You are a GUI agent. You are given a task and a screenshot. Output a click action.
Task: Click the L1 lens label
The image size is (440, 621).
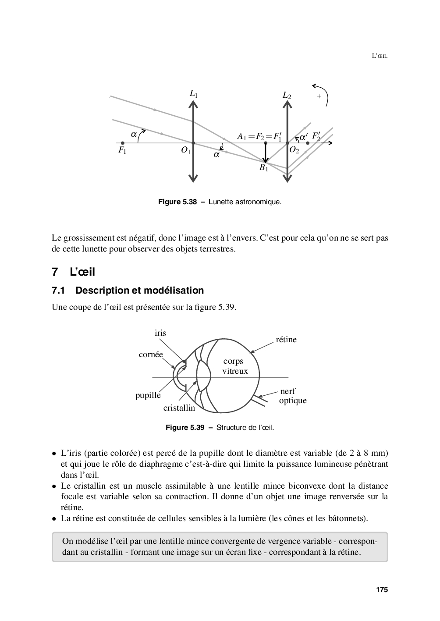pyautogui.click(x=193, y=93)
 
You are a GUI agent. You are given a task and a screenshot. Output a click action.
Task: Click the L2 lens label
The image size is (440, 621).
pyautogui.click(x=287, y=96)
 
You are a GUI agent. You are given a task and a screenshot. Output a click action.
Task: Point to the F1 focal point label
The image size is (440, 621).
pyautogui.click(x=122, y=151)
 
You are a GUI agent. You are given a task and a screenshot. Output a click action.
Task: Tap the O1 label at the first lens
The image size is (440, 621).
pyautogui.click(x=186, y=150)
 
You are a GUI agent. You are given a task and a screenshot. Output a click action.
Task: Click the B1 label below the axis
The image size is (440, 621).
pyautogui.click(x=263, y=168)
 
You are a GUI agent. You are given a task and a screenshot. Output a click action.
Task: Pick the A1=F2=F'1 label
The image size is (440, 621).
pyautogui.click(x=259, y=136)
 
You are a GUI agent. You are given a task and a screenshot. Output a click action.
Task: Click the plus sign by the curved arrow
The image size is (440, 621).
pyautogui.click(x=319, y=96)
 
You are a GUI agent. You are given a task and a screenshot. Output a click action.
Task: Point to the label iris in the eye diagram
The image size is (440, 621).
pyautogui.click(x=160, y=333)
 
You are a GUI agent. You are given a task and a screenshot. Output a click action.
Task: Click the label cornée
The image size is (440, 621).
pyautogui.click(x=151, y=355)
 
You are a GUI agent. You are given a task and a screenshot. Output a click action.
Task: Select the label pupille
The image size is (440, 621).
pyautogui.click(x=148, y=395)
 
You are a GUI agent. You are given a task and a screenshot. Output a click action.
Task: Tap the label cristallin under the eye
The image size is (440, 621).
pyautogui.click(x=179, y=408)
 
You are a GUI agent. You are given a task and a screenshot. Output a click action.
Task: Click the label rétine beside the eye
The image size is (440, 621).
pyautogui.click(x=286, y=340)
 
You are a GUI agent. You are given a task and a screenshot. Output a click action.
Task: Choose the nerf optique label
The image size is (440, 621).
pyautogui.click(x=292, y=396)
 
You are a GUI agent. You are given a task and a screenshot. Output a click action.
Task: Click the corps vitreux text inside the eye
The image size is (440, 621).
pyautogui.click(x=235, y=366)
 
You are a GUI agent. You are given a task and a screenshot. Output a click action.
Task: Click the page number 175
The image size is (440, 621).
pyautogui.click(x=382, y=590)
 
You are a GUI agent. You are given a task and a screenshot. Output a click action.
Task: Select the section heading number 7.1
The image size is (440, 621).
pyautogui.click(x=58, y=291)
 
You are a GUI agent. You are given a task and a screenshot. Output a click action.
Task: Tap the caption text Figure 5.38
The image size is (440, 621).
pyautogui.click(x=177, y=202)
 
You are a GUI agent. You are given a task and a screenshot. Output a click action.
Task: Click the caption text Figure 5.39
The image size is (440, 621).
pyautogui.click(x=185, y=427)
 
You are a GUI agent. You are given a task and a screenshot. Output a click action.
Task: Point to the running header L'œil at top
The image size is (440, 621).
pyautogui.click(x=380, y=56)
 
